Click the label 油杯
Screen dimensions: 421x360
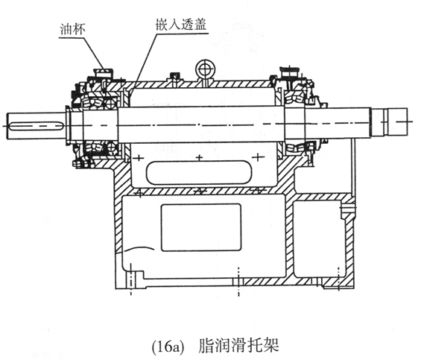pos(72,29)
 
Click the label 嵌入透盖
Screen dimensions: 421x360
pos(181,25)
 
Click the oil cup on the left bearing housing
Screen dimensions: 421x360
pos(103,73)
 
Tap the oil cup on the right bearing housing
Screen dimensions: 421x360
pos(290,72)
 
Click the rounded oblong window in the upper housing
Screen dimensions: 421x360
pos(199,172)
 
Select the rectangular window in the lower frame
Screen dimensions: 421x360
pos(201,227)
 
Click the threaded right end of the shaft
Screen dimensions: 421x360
pos(390,121)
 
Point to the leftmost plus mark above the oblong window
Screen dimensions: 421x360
pos(139,158)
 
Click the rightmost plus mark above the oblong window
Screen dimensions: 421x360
pos(258,157)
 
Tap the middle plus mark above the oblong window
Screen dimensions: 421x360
pos(199,158)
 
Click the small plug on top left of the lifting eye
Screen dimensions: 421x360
pos(175,77)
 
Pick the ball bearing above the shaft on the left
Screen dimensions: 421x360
pos(110,103)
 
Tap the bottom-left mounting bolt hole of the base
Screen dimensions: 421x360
pos(131,280)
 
